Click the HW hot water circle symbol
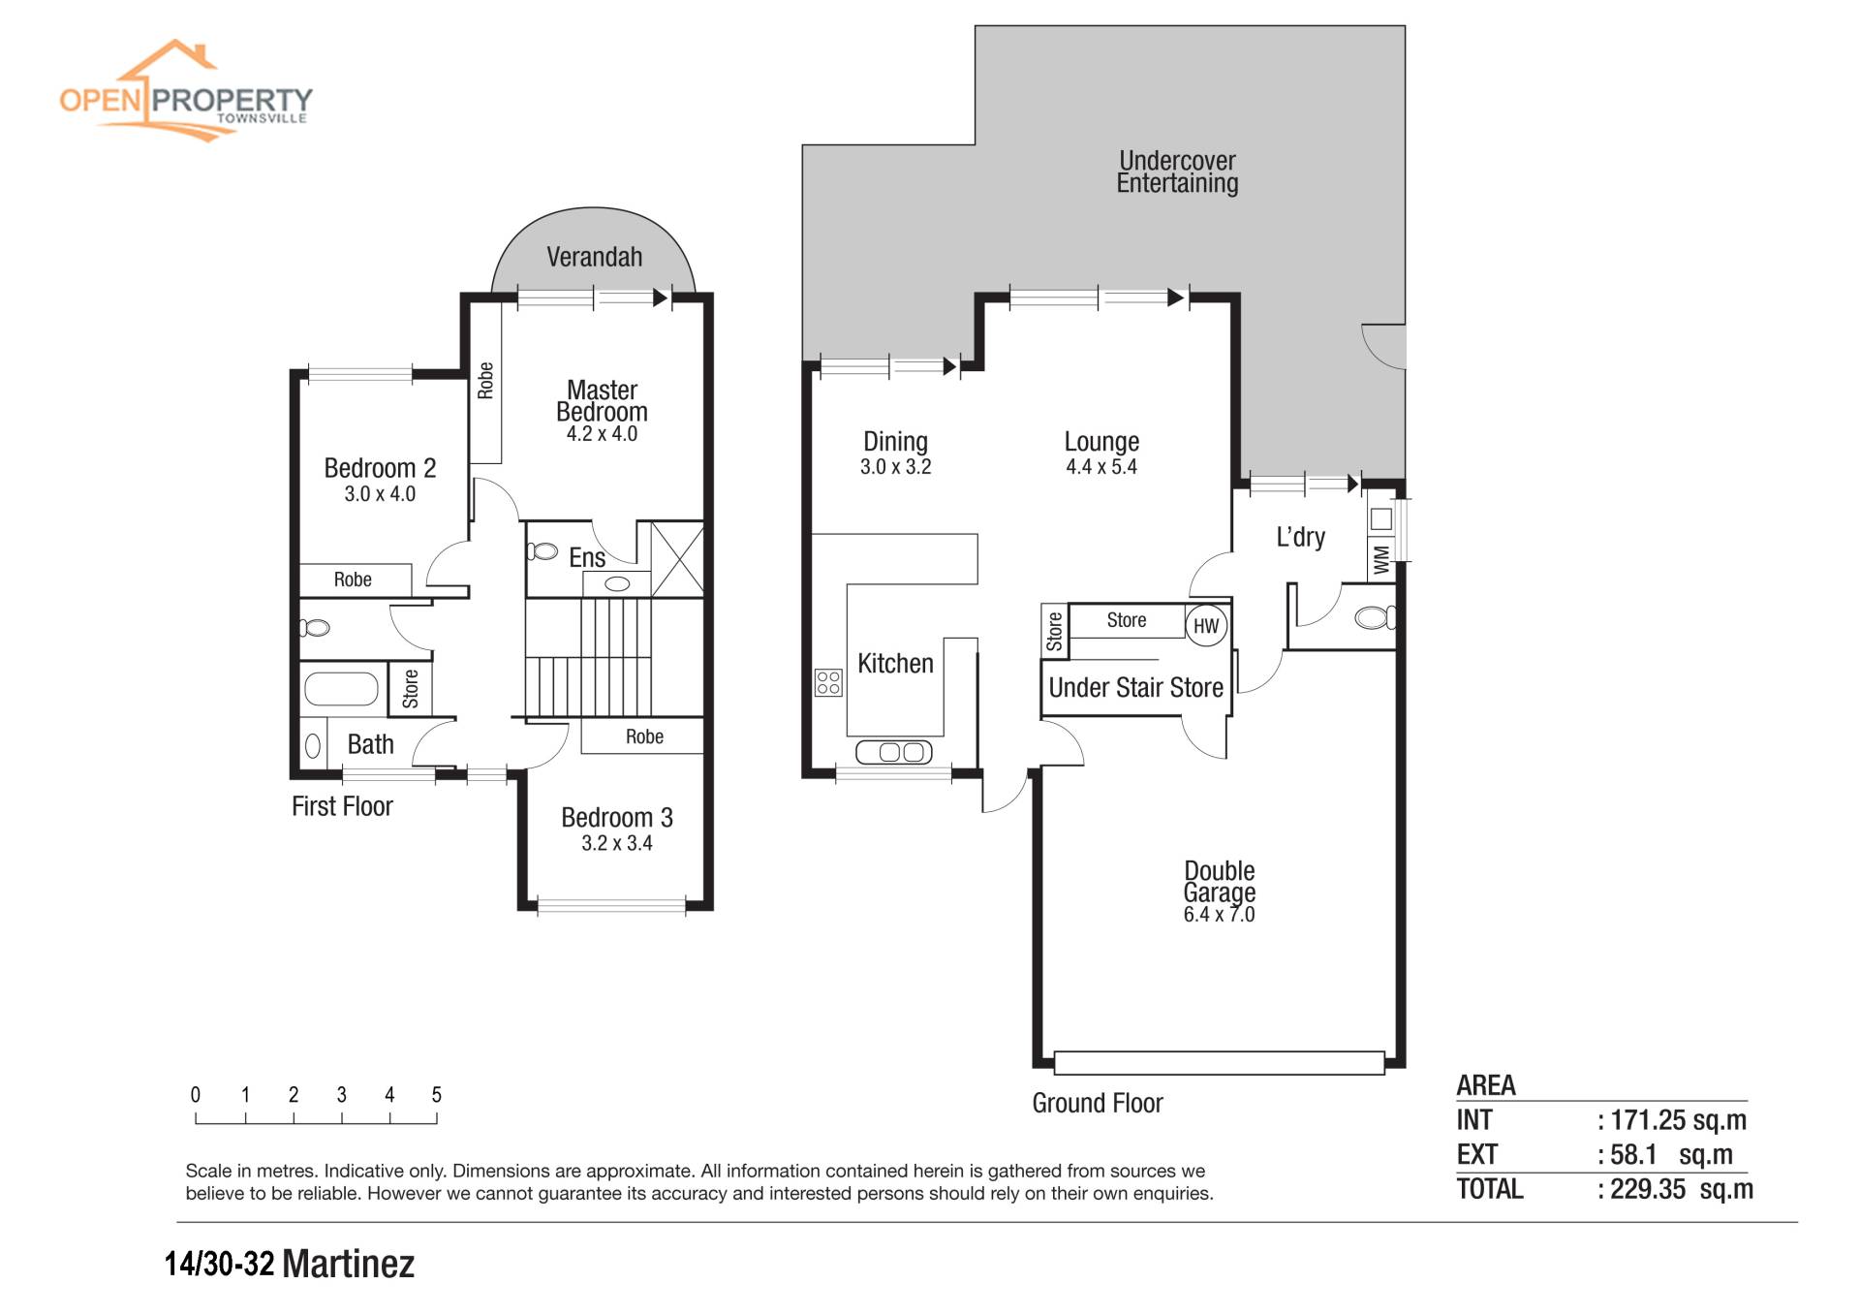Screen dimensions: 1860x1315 coord(1206,626)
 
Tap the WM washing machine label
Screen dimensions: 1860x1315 coord(1381,559)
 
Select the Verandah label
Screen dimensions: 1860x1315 coord(594,257)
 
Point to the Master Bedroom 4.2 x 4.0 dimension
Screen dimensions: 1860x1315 coord(602,434)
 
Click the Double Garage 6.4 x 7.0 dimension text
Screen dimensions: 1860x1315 coord(1219,915)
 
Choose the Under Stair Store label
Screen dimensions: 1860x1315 coord(1135,688)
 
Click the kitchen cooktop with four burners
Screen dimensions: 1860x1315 coord(828,682)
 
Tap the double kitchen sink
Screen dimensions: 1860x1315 coord(893,752)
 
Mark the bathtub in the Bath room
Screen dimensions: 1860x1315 coord(341,689)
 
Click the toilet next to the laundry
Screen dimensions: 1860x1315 coord(1375,616)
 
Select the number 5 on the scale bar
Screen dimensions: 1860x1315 coord(436,1095)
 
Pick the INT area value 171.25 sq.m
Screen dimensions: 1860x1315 coord(1679,1120)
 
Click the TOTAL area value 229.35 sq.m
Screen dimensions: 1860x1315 coord(1682,1189)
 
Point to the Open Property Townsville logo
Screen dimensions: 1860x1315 coord(186,90)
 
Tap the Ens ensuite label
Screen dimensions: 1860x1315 coord(587,558)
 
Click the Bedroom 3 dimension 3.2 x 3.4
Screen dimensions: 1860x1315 coord(617,844)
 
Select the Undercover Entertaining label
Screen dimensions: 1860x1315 coord(1177,172)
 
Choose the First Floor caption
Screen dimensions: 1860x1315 coord(342,806)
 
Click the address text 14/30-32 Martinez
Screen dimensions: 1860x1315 coord(290,1265)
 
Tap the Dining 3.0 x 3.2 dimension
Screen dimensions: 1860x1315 coord(895,467)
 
